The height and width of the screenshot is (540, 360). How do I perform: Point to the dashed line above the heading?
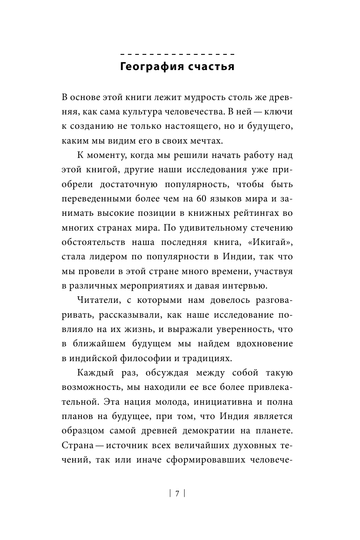pos(177,54)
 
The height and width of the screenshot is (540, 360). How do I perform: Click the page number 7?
pos(177,493)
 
